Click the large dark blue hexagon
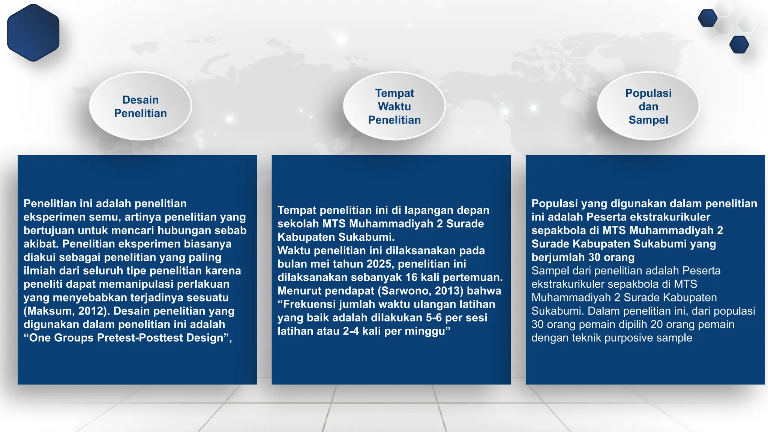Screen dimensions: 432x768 click(33, 33)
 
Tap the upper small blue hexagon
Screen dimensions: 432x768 click(707, 18)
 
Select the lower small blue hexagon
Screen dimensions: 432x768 click(739, 45)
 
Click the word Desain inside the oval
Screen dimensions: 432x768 click(140, 100)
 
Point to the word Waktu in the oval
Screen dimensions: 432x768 click(394, 106)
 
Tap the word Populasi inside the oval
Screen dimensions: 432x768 click(648, 93)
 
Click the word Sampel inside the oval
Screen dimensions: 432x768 click(648, 120)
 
